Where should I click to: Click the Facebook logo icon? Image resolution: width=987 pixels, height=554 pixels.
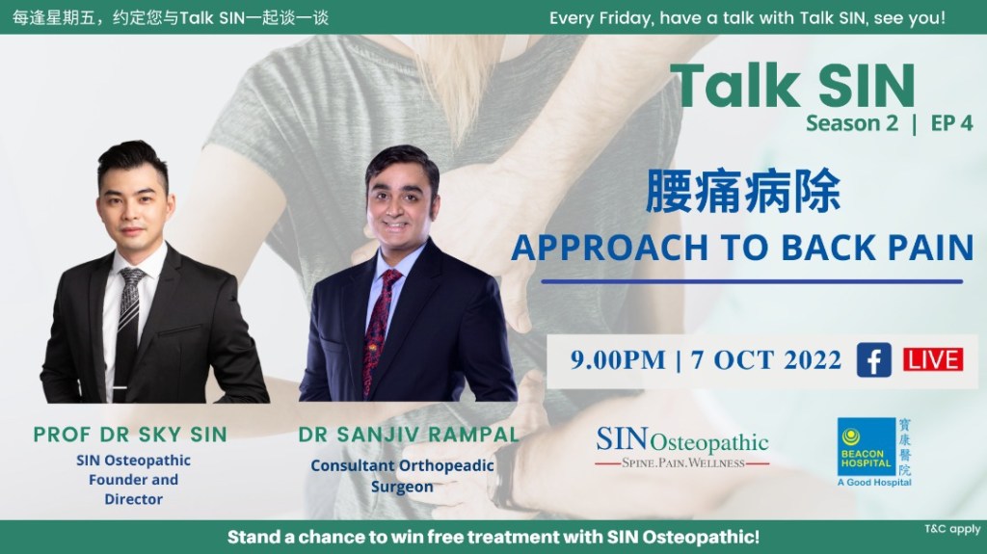pos(873,360)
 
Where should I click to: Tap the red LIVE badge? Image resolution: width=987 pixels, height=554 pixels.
pos(932,360)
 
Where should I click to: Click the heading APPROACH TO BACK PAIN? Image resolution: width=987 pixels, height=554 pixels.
pos(741,247)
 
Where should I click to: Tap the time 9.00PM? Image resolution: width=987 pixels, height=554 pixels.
pos(618,361)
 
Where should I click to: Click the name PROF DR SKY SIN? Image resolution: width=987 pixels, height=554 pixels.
pos(130,434)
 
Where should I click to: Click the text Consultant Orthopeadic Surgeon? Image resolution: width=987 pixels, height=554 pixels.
pos(402,476)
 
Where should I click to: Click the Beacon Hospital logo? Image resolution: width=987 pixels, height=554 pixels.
pos(874,452)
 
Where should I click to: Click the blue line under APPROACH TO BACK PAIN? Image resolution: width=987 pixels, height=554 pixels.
pos(751,281)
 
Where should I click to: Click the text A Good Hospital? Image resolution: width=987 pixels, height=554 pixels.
pos(874,482)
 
